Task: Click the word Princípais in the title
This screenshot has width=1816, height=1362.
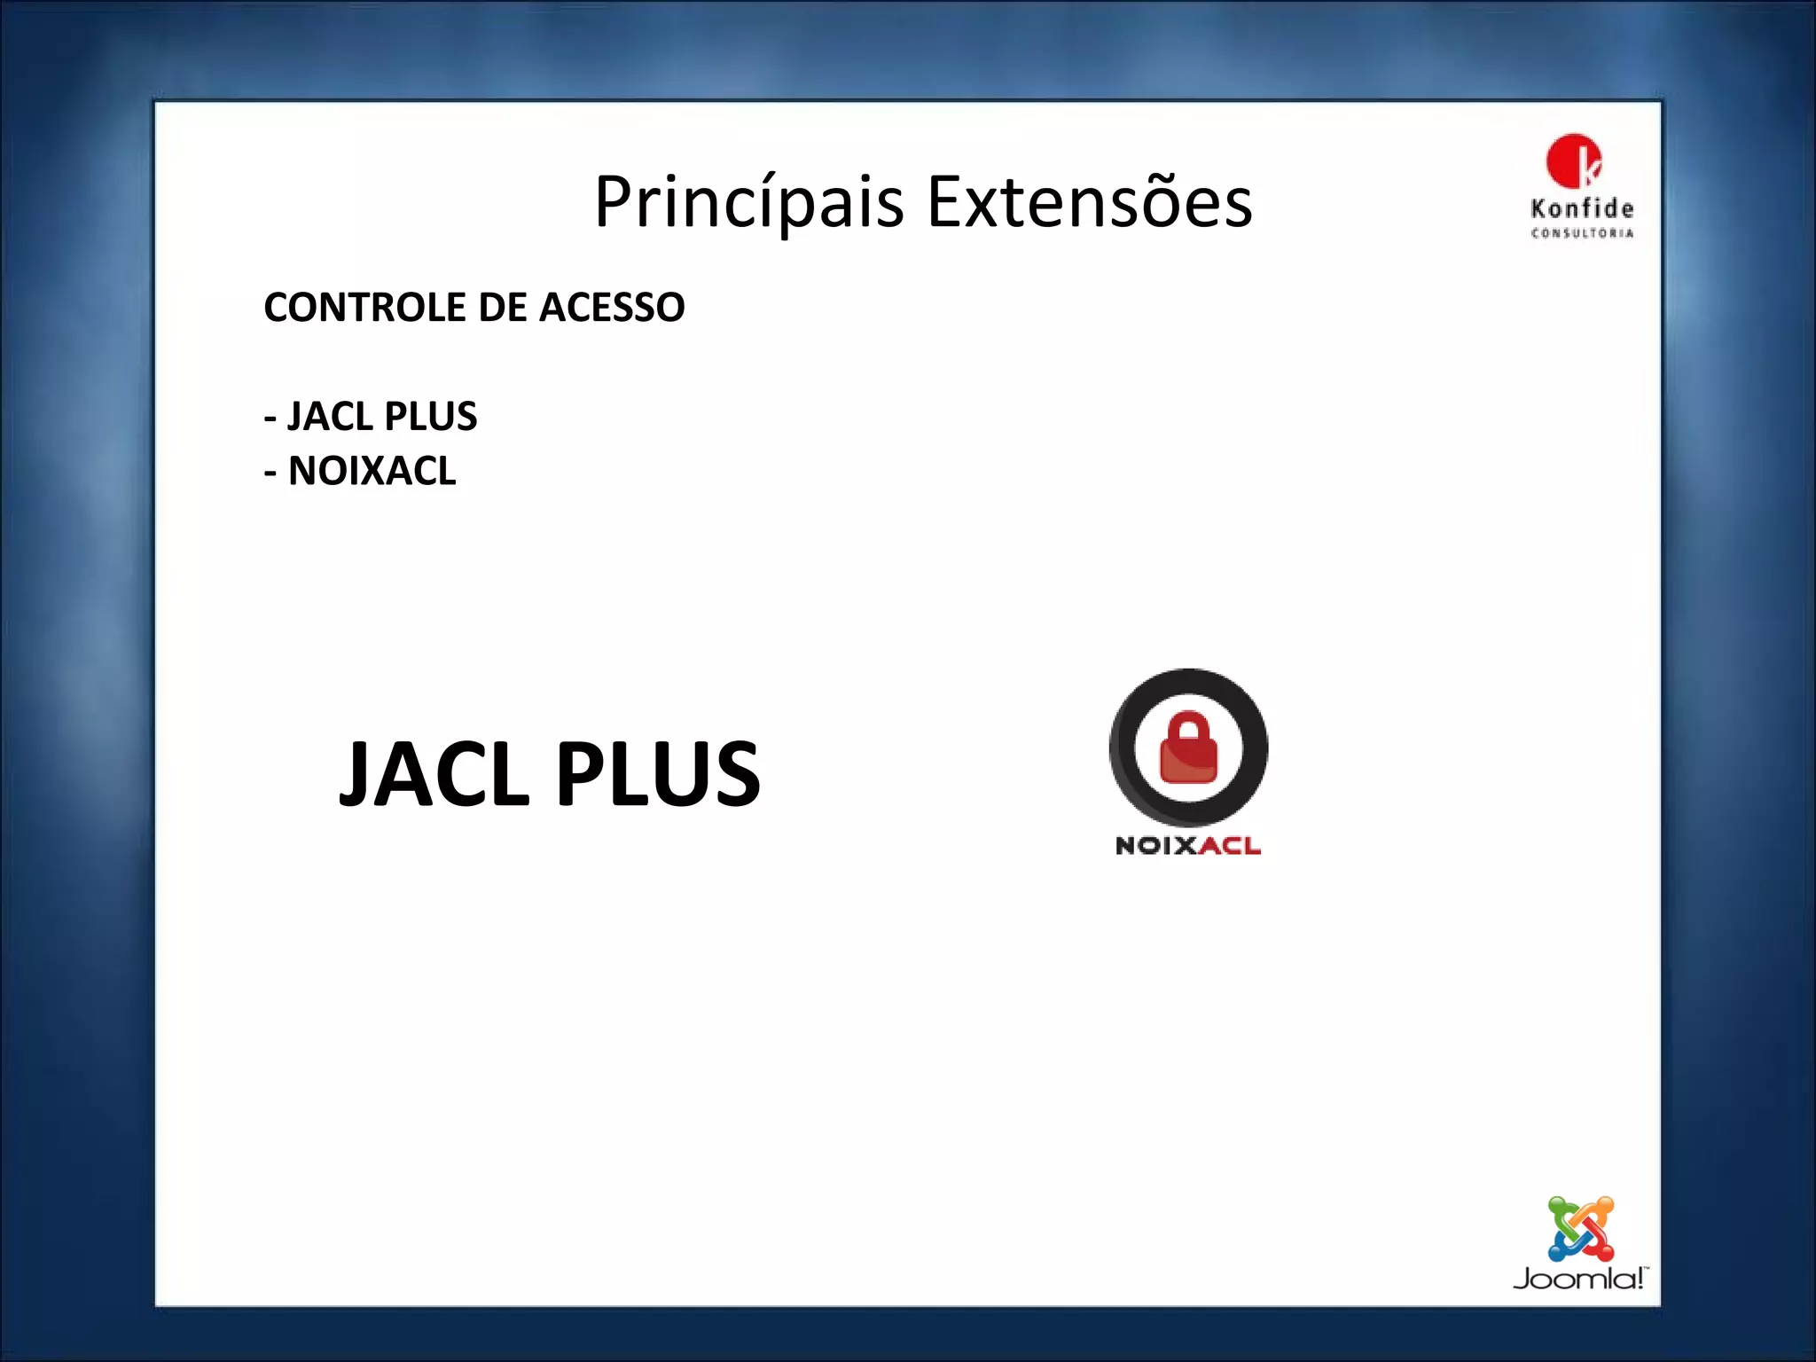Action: [x=749, y=203]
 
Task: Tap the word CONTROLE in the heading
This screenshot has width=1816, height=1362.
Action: [x=364, y=308]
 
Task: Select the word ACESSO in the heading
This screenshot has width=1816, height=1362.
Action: [x=612, y=308]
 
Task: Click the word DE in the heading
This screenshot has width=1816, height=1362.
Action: [x=502, y=308]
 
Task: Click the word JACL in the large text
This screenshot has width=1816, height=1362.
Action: [x=434, y=774]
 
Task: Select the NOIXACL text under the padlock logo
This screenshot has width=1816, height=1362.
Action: [x=1188, y=846]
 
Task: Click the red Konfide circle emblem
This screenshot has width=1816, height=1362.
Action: [x=1573, y=161]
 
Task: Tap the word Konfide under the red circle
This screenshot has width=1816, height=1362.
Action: [x=1582, y=209]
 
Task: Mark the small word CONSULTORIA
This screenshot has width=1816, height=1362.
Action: [x=1582, y=233]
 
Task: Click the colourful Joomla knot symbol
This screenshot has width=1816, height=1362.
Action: [x=1580, y=1229]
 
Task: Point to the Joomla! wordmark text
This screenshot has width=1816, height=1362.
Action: [x=1578, y=1279]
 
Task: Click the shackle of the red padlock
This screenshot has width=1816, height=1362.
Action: [x=1188, y=725]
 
